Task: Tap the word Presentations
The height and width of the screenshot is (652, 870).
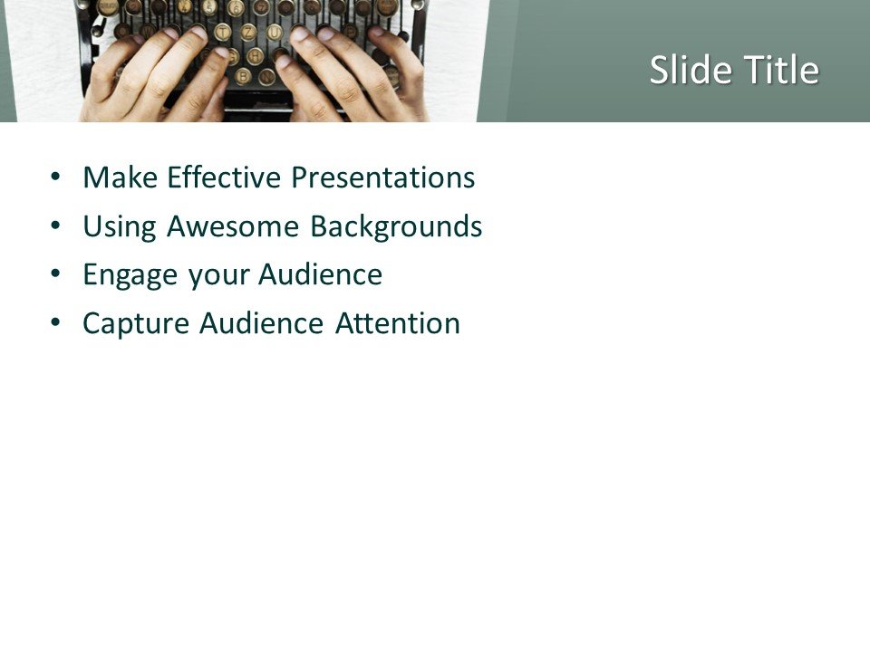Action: (382, 177)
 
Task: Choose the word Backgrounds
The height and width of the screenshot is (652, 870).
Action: (396, 226)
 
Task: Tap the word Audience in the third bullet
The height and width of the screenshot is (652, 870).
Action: (321, 275)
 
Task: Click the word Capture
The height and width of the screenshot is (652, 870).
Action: (136, 323)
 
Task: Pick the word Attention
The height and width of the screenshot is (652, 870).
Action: (398, 323)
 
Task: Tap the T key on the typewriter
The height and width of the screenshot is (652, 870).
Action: (223, 33)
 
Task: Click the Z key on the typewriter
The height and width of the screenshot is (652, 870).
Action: (249, 33)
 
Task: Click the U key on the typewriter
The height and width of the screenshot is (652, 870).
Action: (275, 33)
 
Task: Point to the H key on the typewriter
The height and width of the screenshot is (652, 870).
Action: (256, 55)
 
